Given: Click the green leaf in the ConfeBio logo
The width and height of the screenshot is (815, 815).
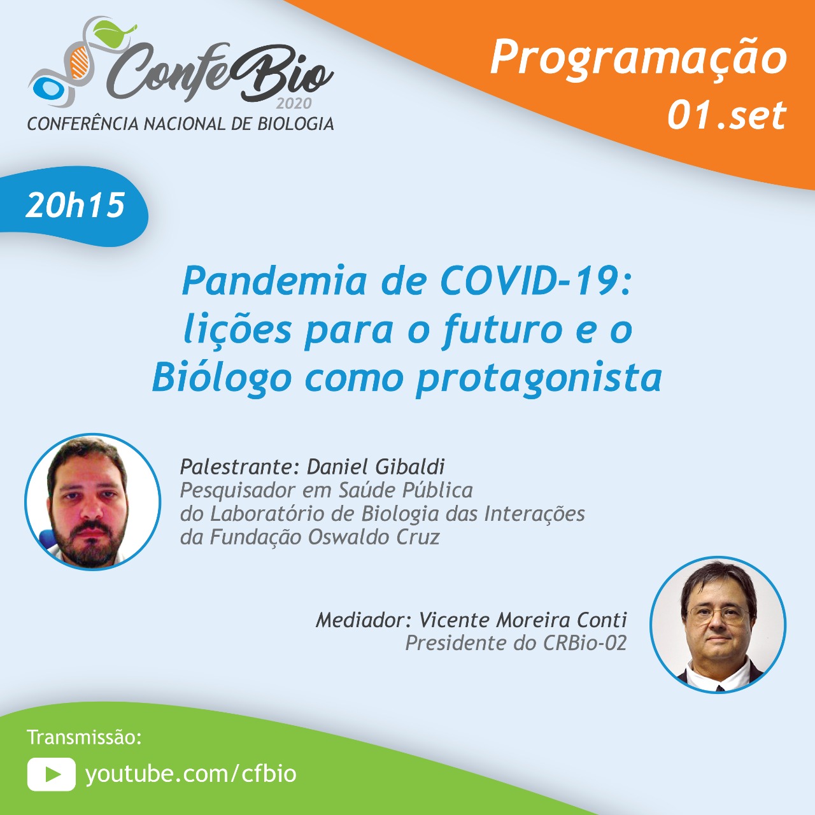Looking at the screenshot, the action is pos(114,32).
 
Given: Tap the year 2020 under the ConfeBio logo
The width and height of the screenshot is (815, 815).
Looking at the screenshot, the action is pos(294,103).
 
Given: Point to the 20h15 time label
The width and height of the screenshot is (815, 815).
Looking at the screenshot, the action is pos(75,205).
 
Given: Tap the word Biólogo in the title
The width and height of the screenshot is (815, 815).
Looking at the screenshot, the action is pos(222,378).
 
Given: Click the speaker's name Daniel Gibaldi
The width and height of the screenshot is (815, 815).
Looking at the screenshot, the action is pos(376,467).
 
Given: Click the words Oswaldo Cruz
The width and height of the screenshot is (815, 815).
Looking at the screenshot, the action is pos(374,537).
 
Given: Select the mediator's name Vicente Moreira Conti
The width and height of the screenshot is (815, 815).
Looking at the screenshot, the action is pos(523,620).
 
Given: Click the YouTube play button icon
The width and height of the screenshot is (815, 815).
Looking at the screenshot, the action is pos(52,774).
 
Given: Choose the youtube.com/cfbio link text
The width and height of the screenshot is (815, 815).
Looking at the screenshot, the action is pos(191,774).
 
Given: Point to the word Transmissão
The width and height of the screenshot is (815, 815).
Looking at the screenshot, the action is pos(84,737).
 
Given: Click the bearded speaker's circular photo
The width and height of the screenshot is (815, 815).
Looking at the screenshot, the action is pos(93,502).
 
